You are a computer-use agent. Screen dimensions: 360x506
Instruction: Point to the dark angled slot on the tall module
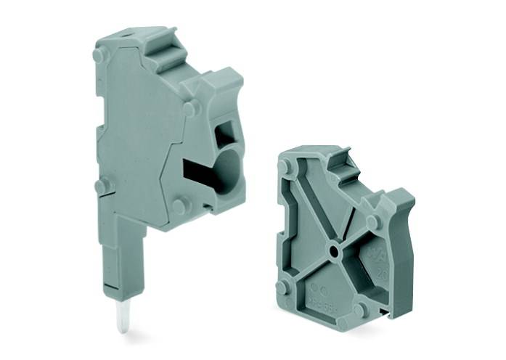click(197, 171)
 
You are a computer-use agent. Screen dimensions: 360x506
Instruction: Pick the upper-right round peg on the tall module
click(190, 109)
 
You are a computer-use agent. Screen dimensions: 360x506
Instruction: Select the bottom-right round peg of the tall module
click(179, 206)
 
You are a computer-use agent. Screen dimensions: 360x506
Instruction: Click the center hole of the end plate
click(332, 251)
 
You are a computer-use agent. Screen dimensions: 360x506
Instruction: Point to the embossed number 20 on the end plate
click(382, 275)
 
